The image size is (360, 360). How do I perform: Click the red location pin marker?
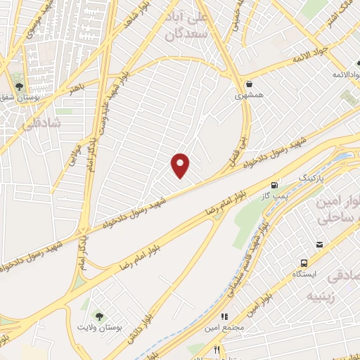[x=181, y=165]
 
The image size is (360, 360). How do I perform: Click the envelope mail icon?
[x=320, y=245]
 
